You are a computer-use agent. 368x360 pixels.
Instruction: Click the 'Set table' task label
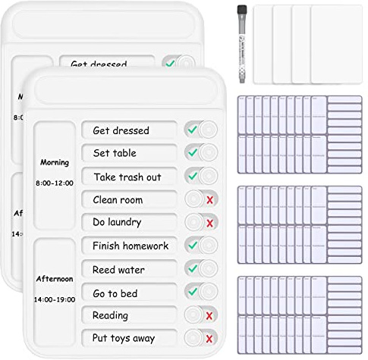(115, 153)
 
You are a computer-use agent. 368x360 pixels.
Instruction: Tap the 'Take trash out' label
(127, 177)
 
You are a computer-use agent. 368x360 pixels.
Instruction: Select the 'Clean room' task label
(118, 200)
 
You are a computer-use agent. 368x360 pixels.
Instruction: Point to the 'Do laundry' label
(117, 223)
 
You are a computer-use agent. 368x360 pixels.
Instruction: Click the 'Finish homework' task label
(131, 246)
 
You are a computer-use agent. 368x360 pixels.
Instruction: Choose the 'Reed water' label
(118, 269)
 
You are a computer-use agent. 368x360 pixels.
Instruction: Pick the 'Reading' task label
(110, 315)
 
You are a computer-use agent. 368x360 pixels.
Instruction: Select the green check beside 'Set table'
(193, 153)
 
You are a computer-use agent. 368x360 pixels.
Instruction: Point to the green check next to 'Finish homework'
(193, 246)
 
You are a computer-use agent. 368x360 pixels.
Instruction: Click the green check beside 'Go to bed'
(193, 292)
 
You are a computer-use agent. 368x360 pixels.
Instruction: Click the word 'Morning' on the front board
(55, 162)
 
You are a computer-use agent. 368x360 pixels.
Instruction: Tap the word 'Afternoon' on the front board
(55, 278)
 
